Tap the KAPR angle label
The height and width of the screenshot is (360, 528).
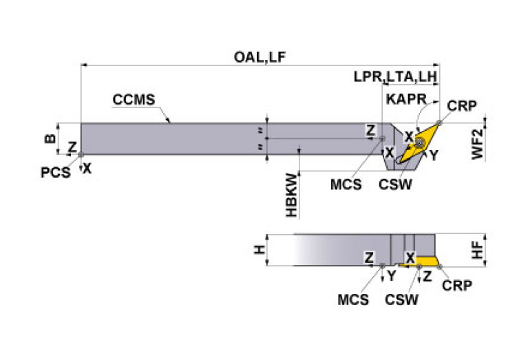pyautogui.click(x=406, y=98)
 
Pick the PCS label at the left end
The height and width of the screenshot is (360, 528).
pyautogui.click(x=55, y=172)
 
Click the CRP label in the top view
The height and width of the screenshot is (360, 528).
pyautogui.click(x=462, y=105)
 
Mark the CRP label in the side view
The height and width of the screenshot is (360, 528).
pyautogui.click(x=457, y=285)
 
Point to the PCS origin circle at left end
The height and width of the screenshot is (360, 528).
pyautogui.click(x=81, y=155)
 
